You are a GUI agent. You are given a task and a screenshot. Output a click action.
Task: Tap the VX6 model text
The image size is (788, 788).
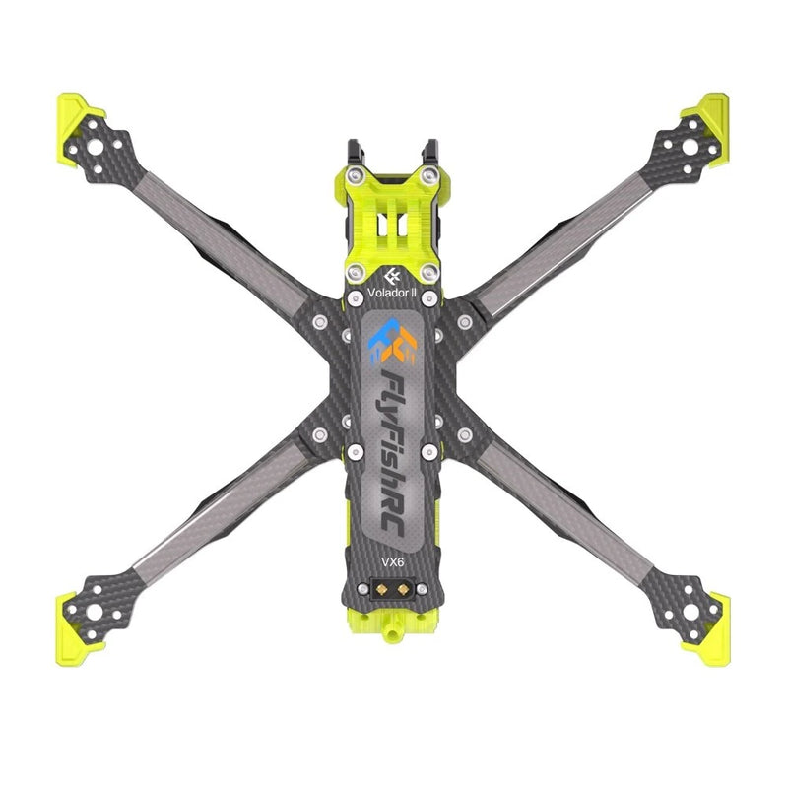click(392, 562)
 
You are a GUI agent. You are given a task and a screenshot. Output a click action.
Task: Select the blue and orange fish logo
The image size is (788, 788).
click(392, 341)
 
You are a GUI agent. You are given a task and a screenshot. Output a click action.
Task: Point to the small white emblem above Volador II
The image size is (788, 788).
click(392, 277)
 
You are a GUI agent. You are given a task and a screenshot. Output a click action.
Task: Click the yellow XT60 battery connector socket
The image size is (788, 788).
click(392, 588)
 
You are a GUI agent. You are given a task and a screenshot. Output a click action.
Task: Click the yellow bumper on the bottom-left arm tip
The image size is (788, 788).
click(76, 634)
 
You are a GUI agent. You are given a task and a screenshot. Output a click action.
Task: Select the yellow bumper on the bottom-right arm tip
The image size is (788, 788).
click(709, 634)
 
